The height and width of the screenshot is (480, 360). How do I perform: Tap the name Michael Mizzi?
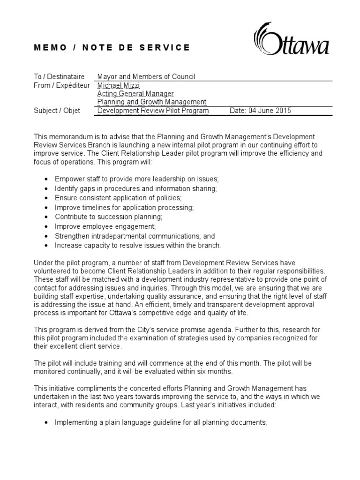click(119, 85)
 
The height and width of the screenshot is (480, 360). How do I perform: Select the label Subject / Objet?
click(57, 111)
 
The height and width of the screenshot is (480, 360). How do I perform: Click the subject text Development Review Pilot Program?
click(153, 111)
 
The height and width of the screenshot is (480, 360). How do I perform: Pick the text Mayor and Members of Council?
click(146, 76)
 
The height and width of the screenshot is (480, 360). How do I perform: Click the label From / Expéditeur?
click(63, 85)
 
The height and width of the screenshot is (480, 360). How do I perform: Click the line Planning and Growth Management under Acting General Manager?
click(151, 102)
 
